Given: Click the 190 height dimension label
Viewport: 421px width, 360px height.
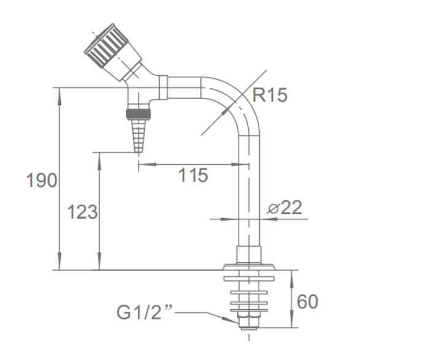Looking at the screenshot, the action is click(x=42, y=180).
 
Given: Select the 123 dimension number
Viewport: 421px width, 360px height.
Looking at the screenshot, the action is click(x=82, y=212).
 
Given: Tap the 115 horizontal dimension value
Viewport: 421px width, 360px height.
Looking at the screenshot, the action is click(x=193, y=175).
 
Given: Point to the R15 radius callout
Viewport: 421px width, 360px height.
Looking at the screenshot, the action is click(x=270, y=95).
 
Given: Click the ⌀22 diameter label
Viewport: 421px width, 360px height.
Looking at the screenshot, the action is click(x=284, y=208).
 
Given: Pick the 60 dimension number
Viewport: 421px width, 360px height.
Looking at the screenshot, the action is click(x=308, y=301).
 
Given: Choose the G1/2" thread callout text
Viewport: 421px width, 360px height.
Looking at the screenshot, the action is click(x=144, y=312).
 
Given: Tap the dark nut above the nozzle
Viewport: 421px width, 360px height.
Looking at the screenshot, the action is click(x=138, y=114).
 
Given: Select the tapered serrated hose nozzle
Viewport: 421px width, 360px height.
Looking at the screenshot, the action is click(x=138, y=136).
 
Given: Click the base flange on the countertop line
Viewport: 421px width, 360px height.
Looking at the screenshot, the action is click(x=249, y=267).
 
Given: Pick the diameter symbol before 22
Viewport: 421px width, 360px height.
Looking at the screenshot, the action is click(x=273, y=208).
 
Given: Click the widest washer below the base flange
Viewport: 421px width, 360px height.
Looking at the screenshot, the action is click(x=249, y=279).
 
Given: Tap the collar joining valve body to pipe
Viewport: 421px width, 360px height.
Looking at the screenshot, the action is click(x=163, y=87).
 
